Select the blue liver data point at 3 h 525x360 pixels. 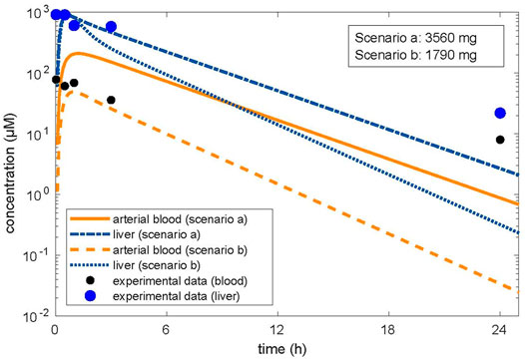tap(111, 27)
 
